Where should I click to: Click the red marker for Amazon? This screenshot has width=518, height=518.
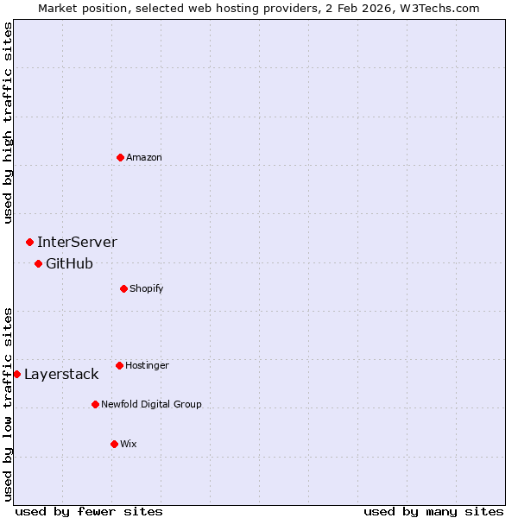120,157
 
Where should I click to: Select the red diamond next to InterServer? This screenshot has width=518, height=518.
29,242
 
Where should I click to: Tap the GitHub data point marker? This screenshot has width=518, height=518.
38,263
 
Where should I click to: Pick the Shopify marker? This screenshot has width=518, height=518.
123,288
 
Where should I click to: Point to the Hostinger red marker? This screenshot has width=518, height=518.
119,365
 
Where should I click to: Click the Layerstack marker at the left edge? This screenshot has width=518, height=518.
17,374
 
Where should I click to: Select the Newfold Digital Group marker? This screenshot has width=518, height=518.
95,404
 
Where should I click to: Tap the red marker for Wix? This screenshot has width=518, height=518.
114,444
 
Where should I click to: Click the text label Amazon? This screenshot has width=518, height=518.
144,157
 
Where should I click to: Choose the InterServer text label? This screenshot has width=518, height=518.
77,242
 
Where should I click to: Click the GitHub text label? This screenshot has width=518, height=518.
69,263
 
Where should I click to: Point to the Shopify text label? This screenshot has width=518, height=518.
147,288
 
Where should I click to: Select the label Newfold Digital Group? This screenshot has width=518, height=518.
151,404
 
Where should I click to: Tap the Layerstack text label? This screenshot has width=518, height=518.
61,374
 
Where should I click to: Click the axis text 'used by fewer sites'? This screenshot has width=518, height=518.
89,511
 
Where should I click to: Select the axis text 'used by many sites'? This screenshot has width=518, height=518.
433,511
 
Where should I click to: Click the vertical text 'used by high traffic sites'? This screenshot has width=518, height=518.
8,123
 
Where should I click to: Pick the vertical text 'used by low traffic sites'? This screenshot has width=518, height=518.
8,403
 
